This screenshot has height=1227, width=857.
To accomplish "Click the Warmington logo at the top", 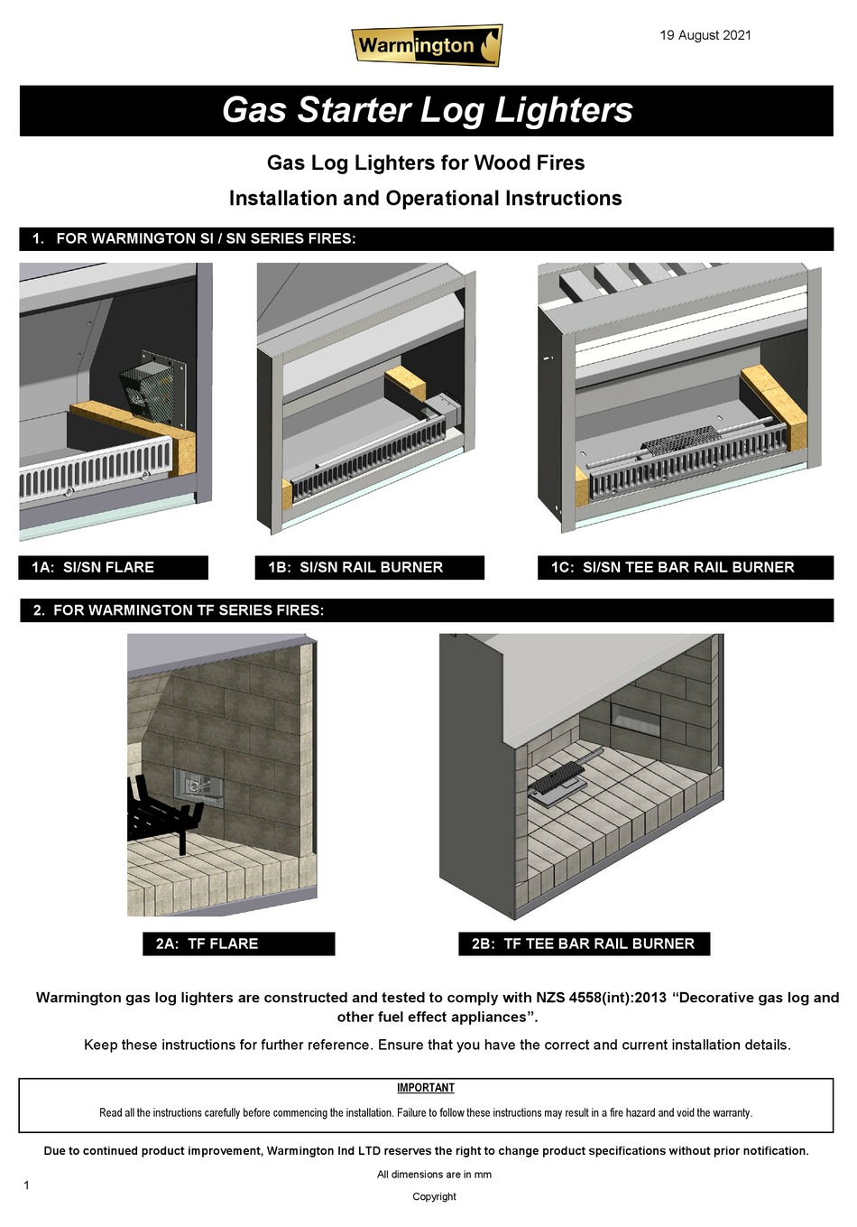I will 426,45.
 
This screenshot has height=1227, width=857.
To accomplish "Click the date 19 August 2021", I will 705,35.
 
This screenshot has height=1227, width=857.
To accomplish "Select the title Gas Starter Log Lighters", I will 427,110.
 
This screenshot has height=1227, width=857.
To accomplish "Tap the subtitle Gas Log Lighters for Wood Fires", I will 426,163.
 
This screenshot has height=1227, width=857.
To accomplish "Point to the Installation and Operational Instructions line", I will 425,198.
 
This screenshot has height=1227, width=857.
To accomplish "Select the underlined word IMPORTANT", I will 426,1088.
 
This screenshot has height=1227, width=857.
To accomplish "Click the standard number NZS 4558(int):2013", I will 601,998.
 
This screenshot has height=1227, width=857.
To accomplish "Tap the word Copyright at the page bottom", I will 434,1196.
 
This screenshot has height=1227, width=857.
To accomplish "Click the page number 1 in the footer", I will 26,1185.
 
